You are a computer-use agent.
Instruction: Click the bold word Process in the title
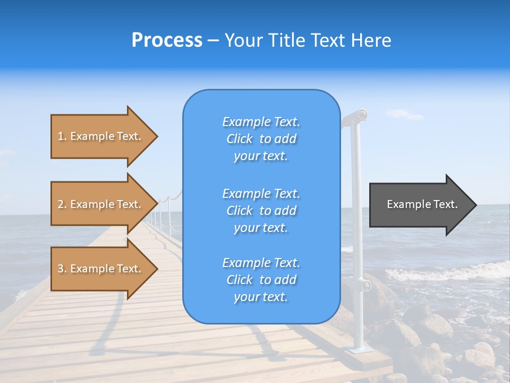point(167,40)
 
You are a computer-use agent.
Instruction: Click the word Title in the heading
point(287,40)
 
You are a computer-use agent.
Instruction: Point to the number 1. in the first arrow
point(62,136)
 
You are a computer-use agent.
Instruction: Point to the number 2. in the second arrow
point(62,204)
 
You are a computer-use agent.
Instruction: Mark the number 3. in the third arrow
point(62,269)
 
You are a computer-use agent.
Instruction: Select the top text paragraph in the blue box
point(261,139)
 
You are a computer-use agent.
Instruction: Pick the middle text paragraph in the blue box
point(261,211)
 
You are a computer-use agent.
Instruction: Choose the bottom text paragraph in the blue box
point(261,280)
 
